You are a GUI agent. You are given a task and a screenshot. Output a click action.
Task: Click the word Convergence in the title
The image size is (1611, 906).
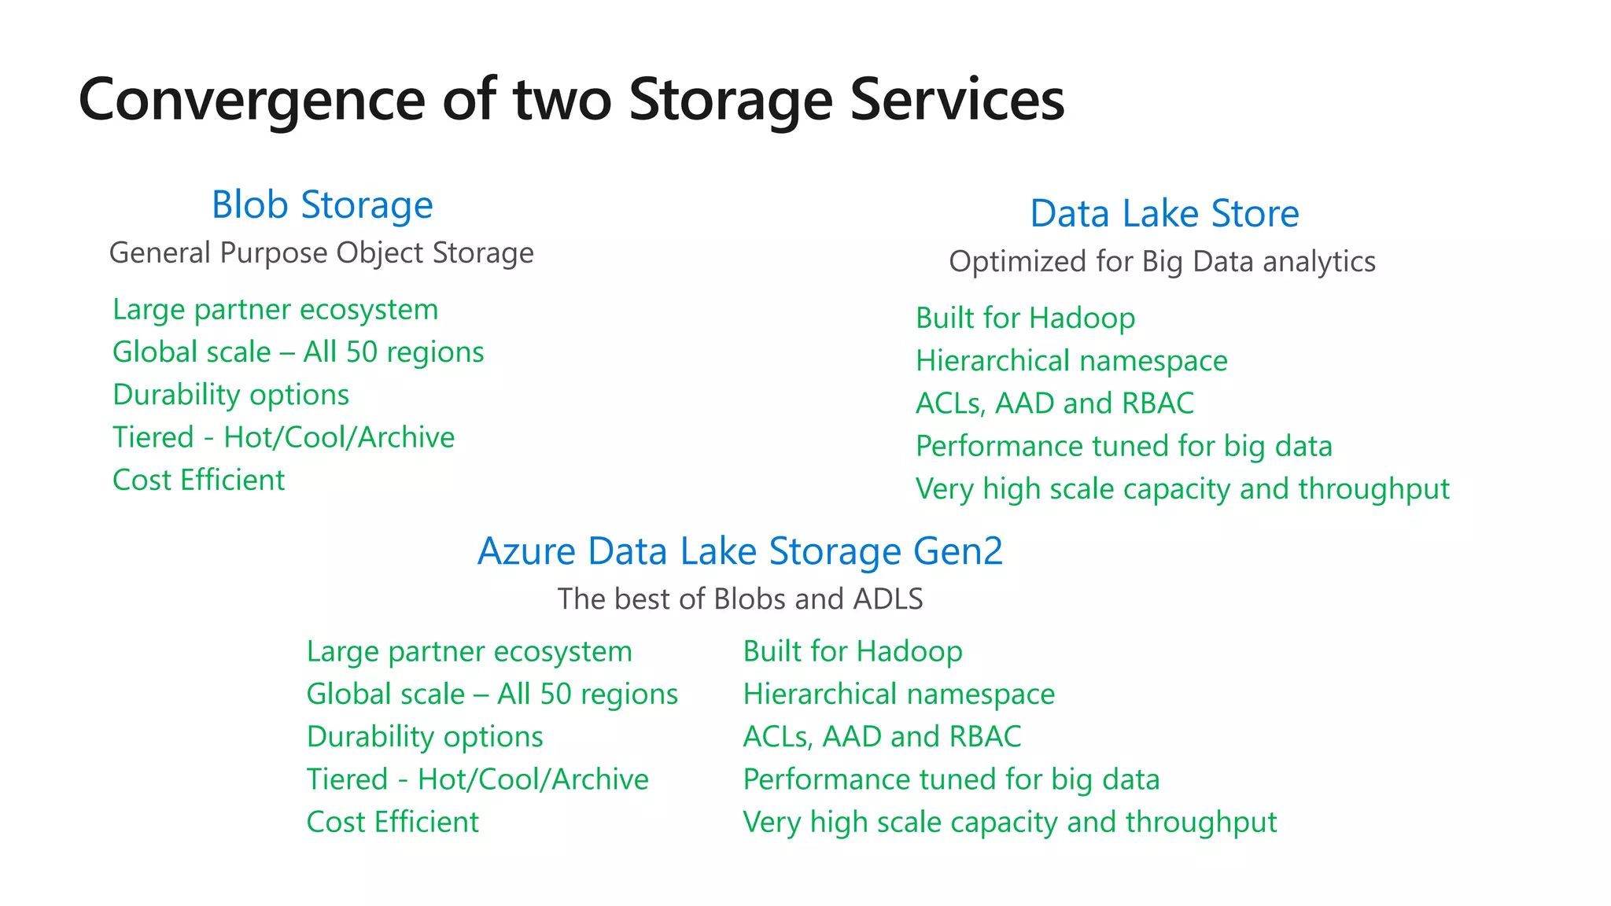[x=252, y=101]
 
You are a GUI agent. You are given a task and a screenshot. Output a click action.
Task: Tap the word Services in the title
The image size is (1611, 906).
[x=957, y=101]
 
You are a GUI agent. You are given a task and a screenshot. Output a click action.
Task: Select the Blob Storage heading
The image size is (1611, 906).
[x=322, y=205]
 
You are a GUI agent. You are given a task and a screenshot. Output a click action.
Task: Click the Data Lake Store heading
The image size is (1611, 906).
[x=1164, y=214]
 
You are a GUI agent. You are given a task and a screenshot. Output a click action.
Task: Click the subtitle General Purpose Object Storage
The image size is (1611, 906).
[x=321, y=253]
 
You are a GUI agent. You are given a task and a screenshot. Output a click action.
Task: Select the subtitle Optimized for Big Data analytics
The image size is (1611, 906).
[x=1162, y=262]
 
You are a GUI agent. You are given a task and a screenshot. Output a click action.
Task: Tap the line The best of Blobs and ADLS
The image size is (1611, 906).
[x=739, y=599]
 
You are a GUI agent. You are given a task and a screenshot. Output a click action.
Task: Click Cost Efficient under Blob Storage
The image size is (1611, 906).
[x=198, y=481]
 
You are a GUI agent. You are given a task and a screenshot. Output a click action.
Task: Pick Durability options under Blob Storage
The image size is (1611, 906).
[x=230, y=395]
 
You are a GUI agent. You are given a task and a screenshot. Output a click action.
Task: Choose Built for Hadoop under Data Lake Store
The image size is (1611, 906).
[x=1025, y=319]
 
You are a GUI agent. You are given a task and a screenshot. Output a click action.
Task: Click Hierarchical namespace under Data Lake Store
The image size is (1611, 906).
[x=1071, y=361]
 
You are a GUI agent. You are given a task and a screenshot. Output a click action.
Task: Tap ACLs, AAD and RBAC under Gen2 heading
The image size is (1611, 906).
[x=882, y=737]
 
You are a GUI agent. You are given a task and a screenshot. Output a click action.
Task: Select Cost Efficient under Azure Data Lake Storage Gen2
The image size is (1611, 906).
[x=392, y=823]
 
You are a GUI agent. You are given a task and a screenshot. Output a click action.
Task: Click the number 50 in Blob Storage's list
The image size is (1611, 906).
[x=362, y=352]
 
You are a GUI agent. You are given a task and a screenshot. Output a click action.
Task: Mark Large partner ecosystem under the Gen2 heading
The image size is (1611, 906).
[x=469, y=652]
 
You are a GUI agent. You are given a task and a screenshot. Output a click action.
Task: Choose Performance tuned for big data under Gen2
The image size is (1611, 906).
[x=951, y=779]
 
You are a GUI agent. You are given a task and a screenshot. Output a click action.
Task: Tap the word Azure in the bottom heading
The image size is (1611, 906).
[x=527, y=551]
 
